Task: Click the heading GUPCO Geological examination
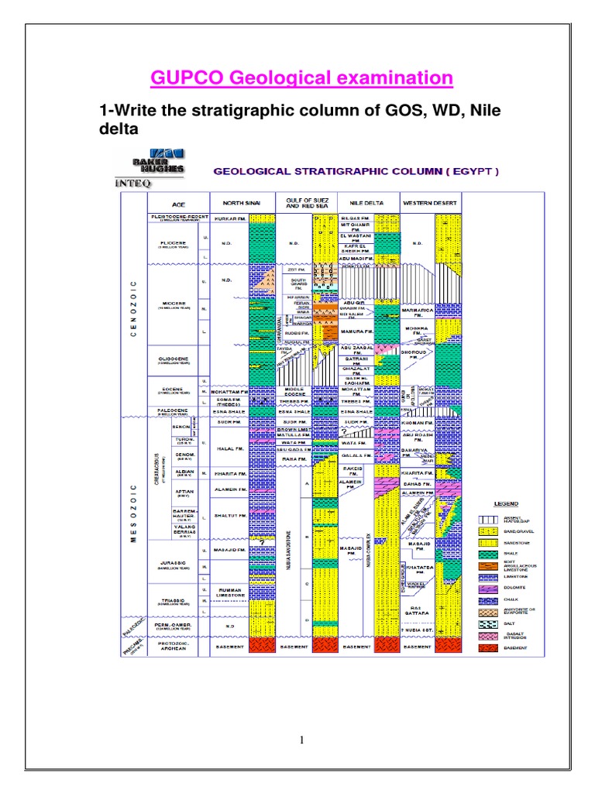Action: point(301,77)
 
